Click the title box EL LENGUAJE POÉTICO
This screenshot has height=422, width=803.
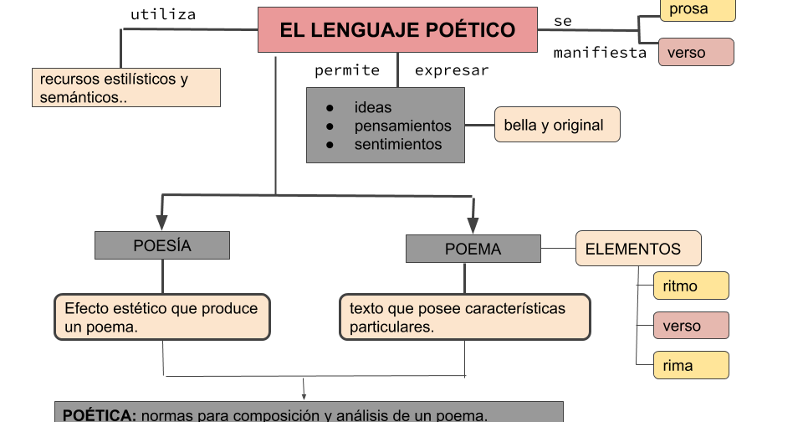click(x=397, y=31)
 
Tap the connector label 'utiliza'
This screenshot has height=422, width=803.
click(x=163, y=14)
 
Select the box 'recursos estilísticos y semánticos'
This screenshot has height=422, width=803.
click(x=126, y=88)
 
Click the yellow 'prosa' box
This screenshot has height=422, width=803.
click(x=697, y=10)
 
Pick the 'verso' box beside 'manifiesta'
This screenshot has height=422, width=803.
click(x=696, y=52)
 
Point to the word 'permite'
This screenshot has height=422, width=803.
click(x=346, y=70)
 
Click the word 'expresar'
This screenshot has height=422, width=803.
click(x=452, y=70)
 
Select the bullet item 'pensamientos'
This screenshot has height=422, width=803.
click(x=402, y=126)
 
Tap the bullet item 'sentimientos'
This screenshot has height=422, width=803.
click(x=397, y=144)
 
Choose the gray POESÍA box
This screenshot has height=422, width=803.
click(x=162, y=245)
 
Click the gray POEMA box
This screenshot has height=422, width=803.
click(x=473, y=249)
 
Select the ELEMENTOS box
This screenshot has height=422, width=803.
click(x=637, y=249)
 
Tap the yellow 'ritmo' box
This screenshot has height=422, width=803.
click(x=691, y=286)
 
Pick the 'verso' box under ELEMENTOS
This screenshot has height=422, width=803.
click(x=691, y=326)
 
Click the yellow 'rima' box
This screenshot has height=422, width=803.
click(x=691, y=365)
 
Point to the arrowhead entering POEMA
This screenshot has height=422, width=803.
click(x=473, y=224)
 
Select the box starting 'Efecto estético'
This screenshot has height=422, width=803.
click(x=162, y=317)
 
